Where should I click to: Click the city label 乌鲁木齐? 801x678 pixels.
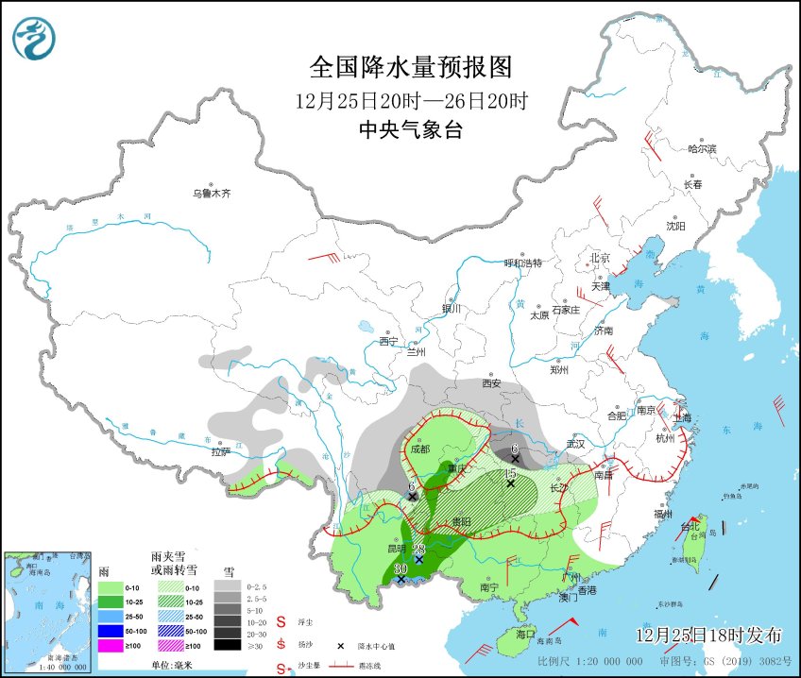pos(212,194)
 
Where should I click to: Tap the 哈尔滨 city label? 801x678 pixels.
pos(702,149)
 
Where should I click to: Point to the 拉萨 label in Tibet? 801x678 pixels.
pos(220,452)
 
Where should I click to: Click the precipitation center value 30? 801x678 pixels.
pos(400,568)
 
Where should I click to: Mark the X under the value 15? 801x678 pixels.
pos(510,484)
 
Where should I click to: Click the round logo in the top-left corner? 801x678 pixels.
pos(34,38)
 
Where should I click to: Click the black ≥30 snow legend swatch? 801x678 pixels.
pos(227,645)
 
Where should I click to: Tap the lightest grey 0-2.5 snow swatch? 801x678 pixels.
pos(227,585)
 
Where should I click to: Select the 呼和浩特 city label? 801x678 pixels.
pos(523,263)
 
